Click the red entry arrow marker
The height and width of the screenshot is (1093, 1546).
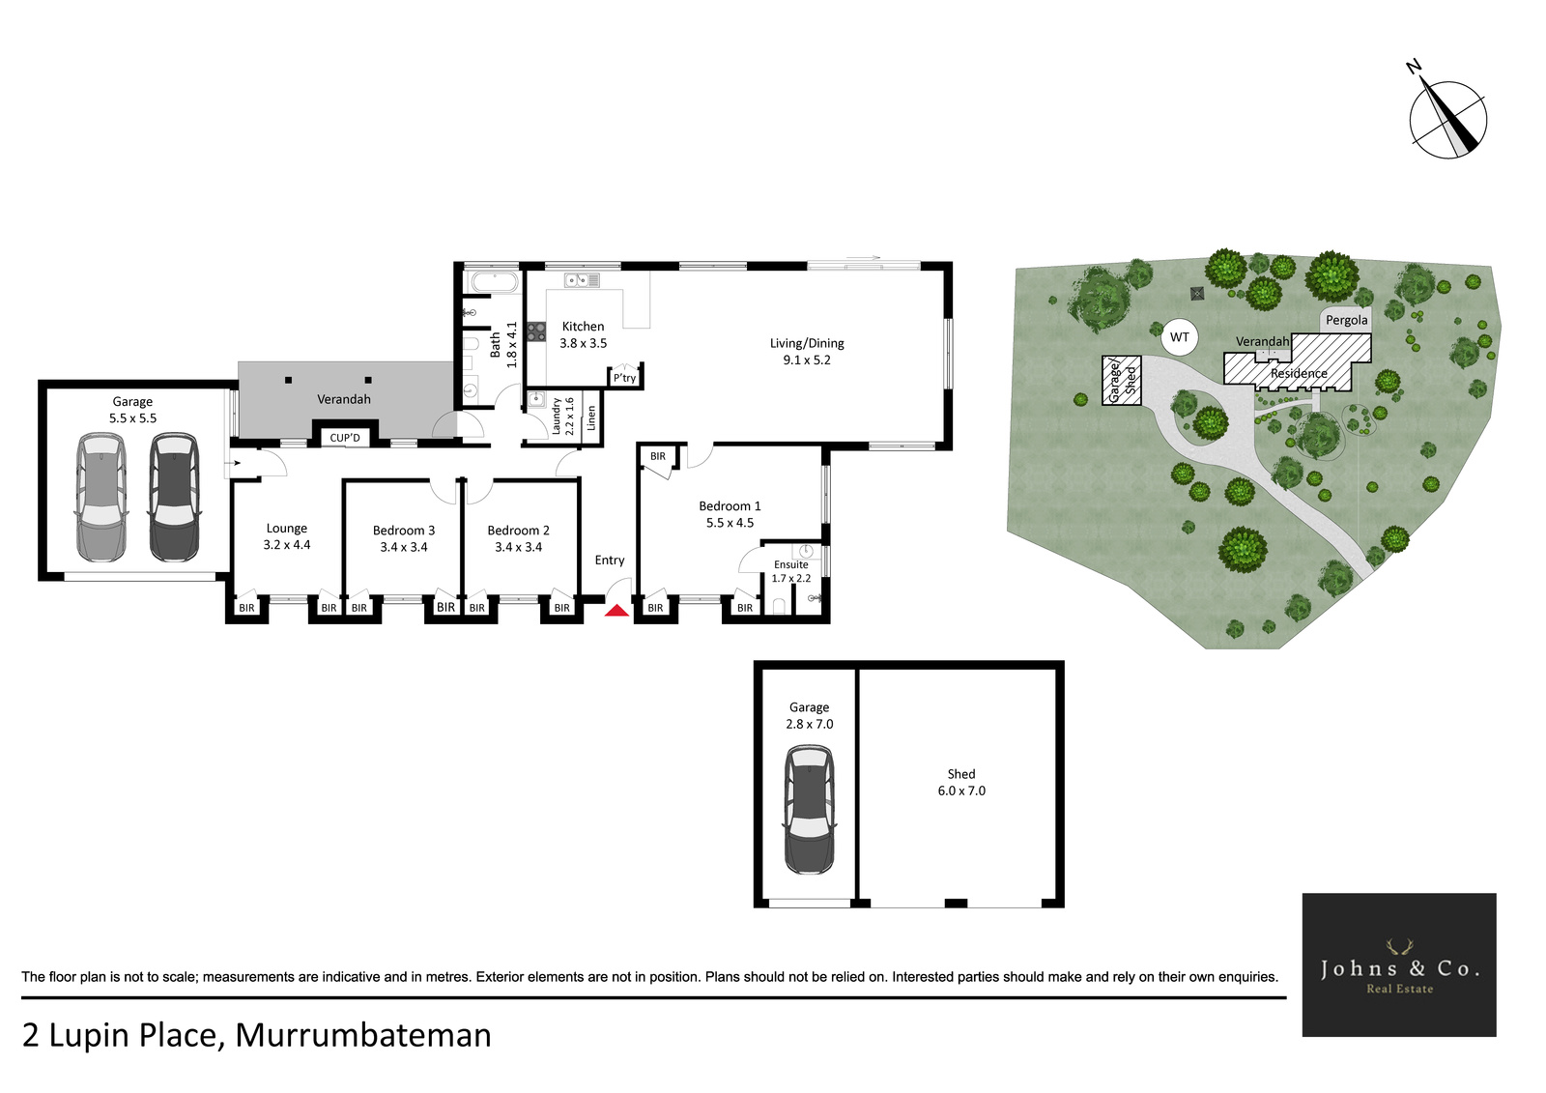tap(617, 611)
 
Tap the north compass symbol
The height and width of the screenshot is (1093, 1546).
tap(1447, 120)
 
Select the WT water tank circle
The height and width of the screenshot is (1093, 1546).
tap(1180, 337)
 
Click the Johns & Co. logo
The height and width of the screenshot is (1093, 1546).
tap(1399, 964)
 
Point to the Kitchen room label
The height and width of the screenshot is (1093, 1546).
tap(584, 327)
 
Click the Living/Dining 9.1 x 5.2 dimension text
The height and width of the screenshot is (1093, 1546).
tap(807, 360)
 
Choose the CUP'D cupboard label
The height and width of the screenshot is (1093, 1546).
tap(345, 438)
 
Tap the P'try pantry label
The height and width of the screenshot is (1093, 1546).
tap(624, 378)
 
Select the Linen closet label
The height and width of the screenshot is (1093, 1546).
tap(590, 417)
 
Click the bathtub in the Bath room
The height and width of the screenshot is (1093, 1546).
tap(494, 282)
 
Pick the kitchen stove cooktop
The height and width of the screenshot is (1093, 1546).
tap(536, 331)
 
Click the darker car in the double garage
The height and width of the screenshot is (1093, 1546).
tap(175, 496)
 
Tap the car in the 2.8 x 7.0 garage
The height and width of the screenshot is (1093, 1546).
tap(809, 809)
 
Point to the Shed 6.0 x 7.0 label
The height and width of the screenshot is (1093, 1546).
tap(961, 782)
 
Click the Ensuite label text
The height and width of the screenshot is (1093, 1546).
tap(790, 564)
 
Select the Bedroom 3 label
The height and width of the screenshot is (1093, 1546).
tap(404, 531)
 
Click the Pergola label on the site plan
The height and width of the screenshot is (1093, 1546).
tap(1347, 321)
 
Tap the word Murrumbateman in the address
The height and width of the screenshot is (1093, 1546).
tap(363, 1036)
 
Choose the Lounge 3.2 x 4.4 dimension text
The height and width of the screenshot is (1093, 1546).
tap(287, 545)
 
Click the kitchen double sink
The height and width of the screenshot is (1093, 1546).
tap(582, 279)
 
